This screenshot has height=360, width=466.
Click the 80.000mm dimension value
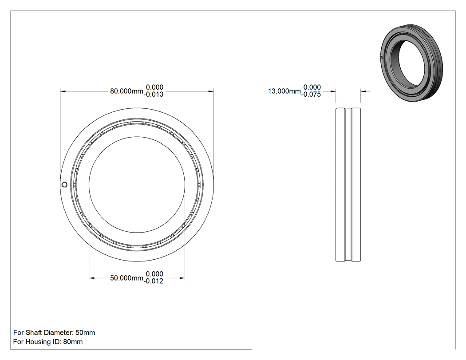click(126, 91)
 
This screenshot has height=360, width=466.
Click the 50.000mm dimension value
click(126, 278)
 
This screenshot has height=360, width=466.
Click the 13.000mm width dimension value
click(284, 91)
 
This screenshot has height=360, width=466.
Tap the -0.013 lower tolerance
click(154, 95)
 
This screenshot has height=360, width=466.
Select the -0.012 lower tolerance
click(154, 281)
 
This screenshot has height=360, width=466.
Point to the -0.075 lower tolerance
click(311, 95)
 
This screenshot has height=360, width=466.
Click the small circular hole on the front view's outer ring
click(64, 185)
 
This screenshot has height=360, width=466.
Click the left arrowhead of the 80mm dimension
click(63, 91)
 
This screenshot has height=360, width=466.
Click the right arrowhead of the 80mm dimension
click(211, 91)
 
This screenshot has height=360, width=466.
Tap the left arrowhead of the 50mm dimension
click(92, 278)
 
